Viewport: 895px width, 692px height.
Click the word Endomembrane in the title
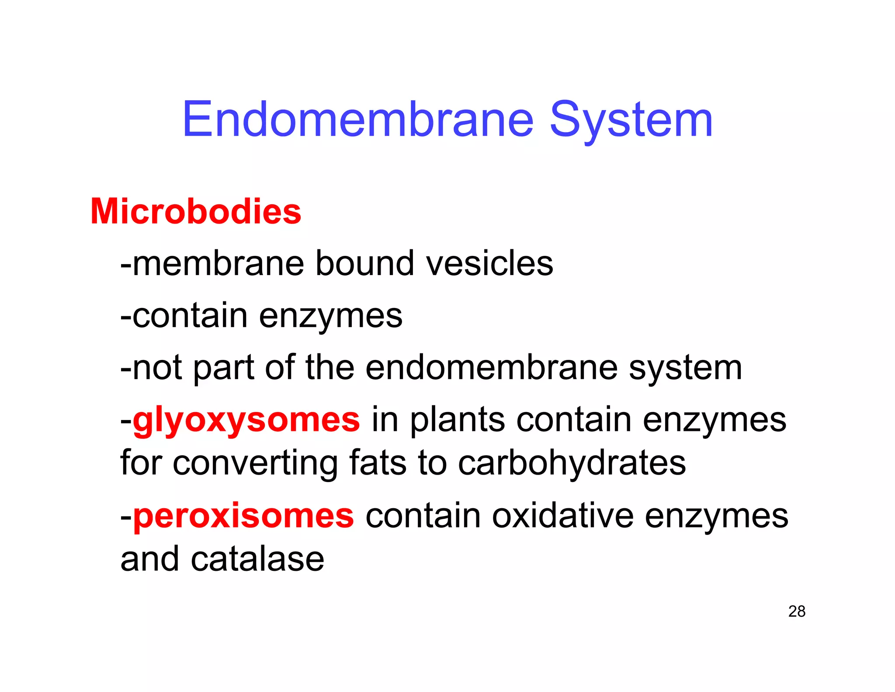(x=358, y=119)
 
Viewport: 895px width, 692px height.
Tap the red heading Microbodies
(x=196, y=212)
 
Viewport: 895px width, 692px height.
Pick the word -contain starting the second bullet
(x=184, y=316)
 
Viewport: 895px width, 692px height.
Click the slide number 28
(x=797, y=612)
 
